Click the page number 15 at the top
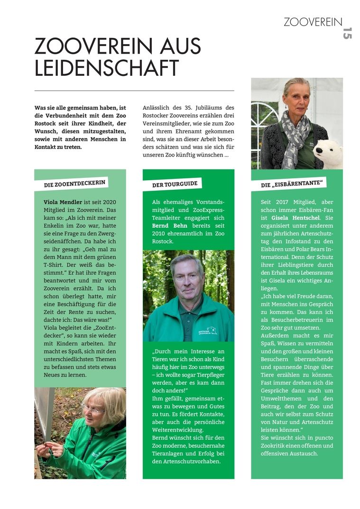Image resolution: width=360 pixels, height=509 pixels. [347, 33]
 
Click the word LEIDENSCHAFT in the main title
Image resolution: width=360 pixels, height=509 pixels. [107, 68]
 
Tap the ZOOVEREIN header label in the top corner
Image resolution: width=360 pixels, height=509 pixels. [313, 22]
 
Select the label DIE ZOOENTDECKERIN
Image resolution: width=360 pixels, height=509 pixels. [75, 183]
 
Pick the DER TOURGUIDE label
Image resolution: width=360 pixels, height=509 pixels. [175, 183]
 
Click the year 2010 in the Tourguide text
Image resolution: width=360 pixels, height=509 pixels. [160, 233]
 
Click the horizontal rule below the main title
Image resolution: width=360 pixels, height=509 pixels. [134, 90]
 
